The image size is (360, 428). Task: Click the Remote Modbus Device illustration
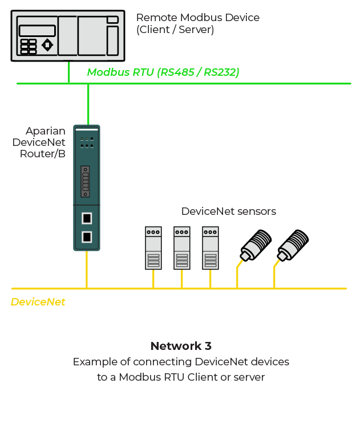[x=68, y=35]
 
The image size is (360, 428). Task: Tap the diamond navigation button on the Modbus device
[x=47, y=44]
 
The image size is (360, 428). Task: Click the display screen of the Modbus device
[x=37, y=31]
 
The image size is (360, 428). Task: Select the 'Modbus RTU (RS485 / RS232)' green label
[x=163, y=72]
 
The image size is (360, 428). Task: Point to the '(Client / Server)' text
[x=175, y=30]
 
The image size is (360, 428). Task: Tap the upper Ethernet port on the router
[x=87, y=218]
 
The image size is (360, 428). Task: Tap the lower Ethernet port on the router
[x=87, y=237]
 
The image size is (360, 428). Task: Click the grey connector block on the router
[x=86, y=181]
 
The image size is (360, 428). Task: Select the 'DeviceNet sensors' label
[x=228, y=211]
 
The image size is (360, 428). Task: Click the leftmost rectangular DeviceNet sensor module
[x=153, y=248]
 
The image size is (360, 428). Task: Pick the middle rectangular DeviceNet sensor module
[x=181, y=248]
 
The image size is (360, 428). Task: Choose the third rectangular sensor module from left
[x=210, y=248]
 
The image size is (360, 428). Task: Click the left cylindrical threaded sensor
[x=256, y=245]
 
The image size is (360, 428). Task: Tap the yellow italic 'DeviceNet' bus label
[x=38, y=302]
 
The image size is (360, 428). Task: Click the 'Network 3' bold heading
[x=181, y=346]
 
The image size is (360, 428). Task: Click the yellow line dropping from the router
[x=87, y=269]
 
